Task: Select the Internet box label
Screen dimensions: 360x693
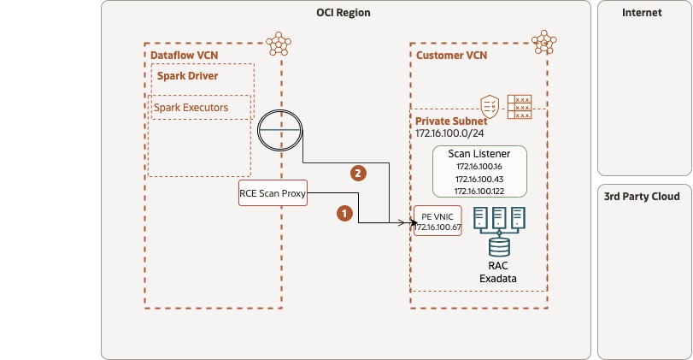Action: [x=642, y=13]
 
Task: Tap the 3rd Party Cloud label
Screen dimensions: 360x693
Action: [x=642, y=197]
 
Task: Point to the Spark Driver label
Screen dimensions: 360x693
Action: [x=187, y=76]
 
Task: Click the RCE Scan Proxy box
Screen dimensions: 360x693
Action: [x=273, y=193]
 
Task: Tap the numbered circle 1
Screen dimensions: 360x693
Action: [x=344, y=213]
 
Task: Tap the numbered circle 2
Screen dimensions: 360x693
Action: [x=360, y=173]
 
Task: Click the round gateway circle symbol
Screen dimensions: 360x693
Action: [x=281, y=130]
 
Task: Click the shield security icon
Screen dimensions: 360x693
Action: [x=490, y=106]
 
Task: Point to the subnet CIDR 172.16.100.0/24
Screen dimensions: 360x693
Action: [x=449, y=134]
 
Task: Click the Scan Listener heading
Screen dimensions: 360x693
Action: [x=479, y=152]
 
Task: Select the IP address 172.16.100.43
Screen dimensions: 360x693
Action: [x=479, y=179]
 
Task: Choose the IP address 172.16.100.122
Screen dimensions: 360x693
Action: [x=479, y=192]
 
